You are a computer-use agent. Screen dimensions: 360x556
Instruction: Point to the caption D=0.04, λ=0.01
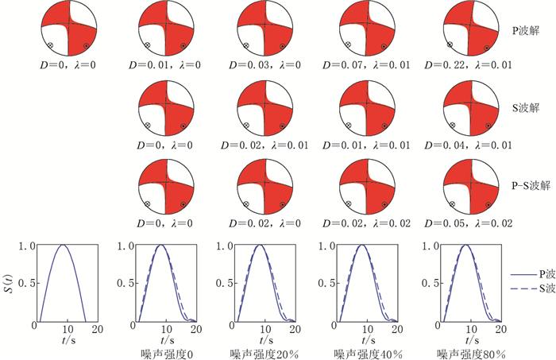467,145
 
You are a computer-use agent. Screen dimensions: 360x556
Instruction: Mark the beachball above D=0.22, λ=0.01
467,28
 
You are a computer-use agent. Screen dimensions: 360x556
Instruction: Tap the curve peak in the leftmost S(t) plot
67,246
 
